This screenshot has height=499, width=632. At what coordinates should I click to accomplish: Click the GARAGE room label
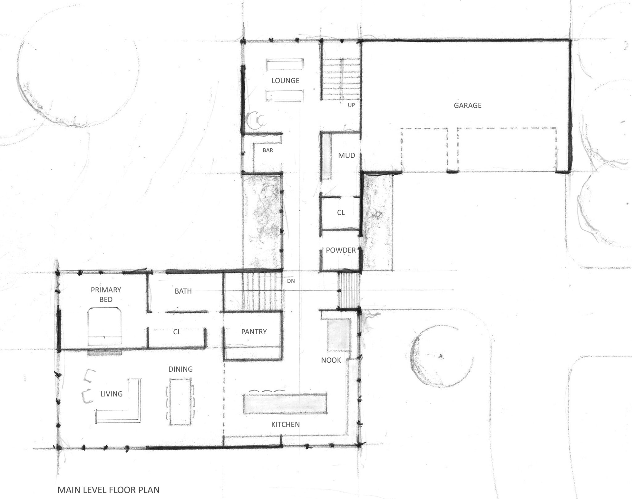coord(467,105)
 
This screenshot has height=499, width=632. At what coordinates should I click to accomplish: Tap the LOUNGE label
coord(285,81)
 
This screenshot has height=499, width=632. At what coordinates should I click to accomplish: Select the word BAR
coord(268,151)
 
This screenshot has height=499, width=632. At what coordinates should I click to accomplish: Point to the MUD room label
coord(346,155)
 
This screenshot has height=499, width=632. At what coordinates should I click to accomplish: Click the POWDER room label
coord(341,250)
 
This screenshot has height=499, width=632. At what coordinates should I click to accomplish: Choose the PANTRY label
coord(254,332)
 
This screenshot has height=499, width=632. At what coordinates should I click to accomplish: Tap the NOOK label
coord(331,360)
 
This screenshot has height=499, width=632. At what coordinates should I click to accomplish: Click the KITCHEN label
coord(285,424)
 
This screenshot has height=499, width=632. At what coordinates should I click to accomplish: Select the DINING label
coord(181,369)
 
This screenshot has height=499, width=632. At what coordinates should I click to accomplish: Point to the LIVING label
coord(111,394)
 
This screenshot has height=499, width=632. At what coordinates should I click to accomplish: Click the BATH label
coord(183,291)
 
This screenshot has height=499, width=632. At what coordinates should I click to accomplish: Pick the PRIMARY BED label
coord(106,295)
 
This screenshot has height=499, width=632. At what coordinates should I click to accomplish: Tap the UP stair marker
coord(351,105)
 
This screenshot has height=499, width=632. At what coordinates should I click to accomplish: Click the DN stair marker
coord(291,281)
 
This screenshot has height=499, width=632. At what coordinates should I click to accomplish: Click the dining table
coord(181,402)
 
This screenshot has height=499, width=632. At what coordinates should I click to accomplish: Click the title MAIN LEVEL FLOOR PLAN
coord(109,490)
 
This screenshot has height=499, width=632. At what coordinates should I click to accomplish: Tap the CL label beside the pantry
coord(177,332)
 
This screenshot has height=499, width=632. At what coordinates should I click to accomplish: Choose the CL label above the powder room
coord(341,213)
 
